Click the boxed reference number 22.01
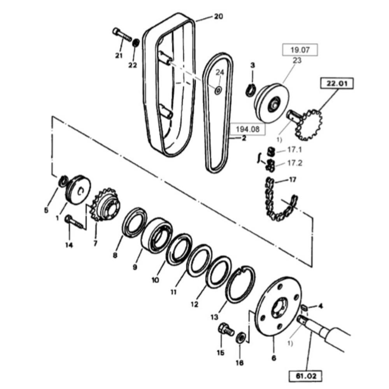pyautogui.click(x=337, y=83)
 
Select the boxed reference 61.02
pyautogui.click(x=306, y=376)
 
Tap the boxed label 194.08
pyautogui.click(x=247, y=129)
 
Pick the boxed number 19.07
pyautogui.click(x=300, y=50)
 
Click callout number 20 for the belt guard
pyautogui.click(x=219, y=17)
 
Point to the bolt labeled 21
pyautogui.click(x=122, y=35)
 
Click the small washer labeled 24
pyautogui.click(x=218, y=90)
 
